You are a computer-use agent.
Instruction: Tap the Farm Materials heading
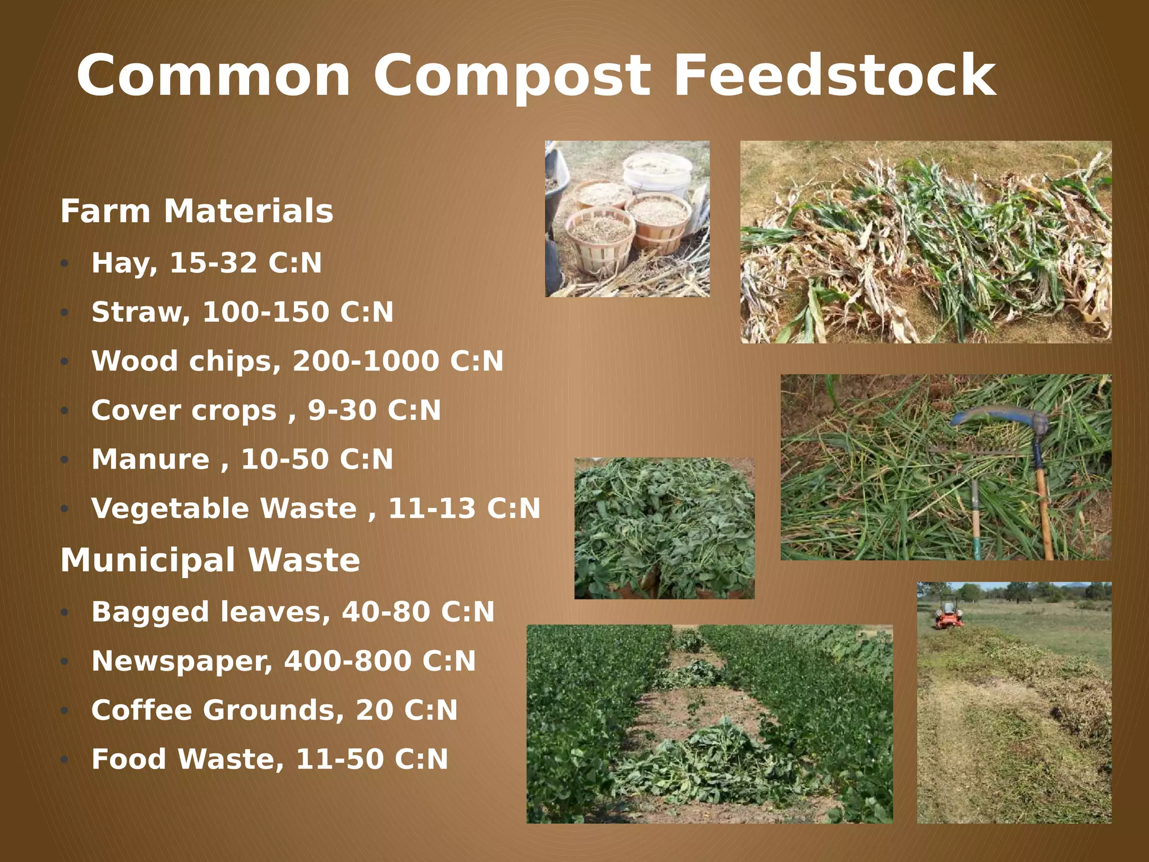pyautogui.click(x=196, y=212)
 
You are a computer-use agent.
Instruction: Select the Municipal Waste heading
pyautogui.click(x=210, y=560)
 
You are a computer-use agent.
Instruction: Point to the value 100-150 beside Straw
pyautogui.click(x=265, y=312)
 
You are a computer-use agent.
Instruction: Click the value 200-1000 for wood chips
pyautogui.click(x=366, y=361)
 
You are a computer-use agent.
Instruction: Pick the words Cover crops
pyautogui.click(x=184, y=410)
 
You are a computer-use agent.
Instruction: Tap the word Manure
pyautogui.click(x=150, y=459)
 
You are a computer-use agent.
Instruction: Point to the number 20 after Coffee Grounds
pyautogui.click(x=374, y=710)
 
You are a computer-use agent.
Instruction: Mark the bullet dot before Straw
pyautogui.click(x=65, y=313)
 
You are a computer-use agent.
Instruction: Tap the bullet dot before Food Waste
pyautogui.click(x=65, y=760)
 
